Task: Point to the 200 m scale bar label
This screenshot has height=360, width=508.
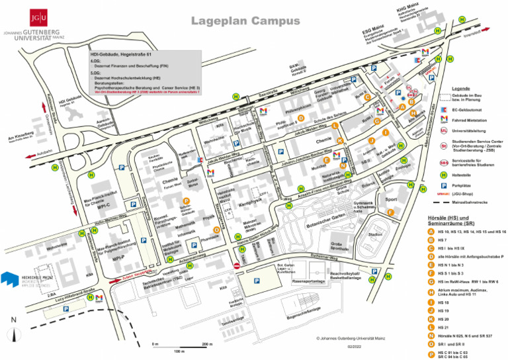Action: coord(206,345)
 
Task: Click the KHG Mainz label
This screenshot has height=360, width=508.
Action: coord(405,9)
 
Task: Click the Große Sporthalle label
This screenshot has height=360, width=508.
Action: coord(336,247)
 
